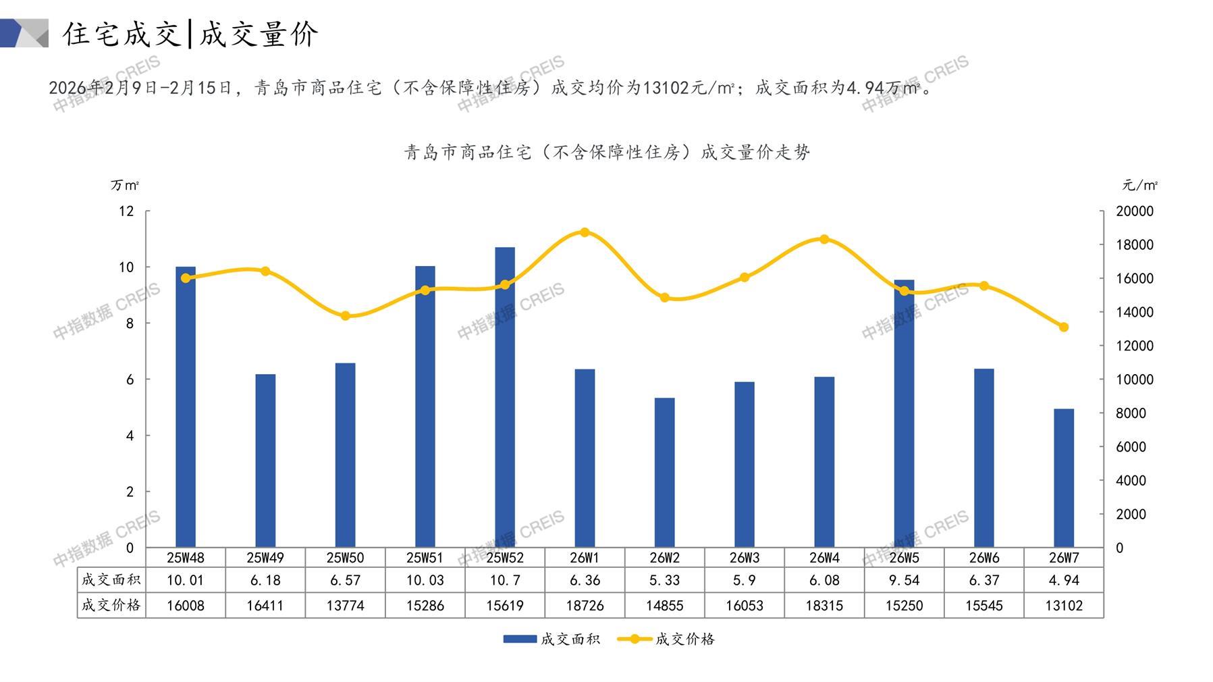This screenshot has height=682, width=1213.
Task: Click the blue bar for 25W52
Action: point(505,398)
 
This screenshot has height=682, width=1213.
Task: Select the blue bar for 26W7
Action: point(1063,478)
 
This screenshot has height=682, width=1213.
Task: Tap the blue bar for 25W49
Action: point(265,461)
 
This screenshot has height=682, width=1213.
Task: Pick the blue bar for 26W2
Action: point(664,473)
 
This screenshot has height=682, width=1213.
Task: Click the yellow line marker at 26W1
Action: point(585,232)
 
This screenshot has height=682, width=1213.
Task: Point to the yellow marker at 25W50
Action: point(345,316)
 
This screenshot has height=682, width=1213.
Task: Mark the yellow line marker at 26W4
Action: point(824,239)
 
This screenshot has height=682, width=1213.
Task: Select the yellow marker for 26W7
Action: point(1063,327)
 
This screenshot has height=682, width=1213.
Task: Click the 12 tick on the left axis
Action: point(126,211)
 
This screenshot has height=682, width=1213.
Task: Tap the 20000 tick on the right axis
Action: point(1135,211)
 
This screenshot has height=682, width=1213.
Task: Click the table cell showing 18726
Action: point(585,606)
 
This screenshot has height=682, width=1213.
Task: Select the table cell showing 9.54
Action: point(904,581)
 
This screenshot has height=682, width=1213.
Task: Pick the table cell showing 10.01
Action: point(186,581)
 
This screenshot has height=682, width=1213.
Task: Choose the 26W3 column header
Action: point(744,558)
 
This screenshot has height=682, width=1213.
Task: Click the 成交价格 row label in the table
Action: point(111,605)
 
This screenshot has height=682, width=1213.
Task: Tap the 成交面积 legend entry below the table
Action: point(551,639)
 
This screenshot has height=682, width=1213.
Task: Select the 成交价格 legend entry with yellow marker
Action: point(666,639)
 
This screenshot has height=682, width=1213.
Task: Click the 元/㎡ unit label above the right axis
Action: point(1139,185)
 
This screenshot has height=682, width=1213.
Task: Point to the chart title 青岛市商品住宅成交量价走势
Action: point(607,153)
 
